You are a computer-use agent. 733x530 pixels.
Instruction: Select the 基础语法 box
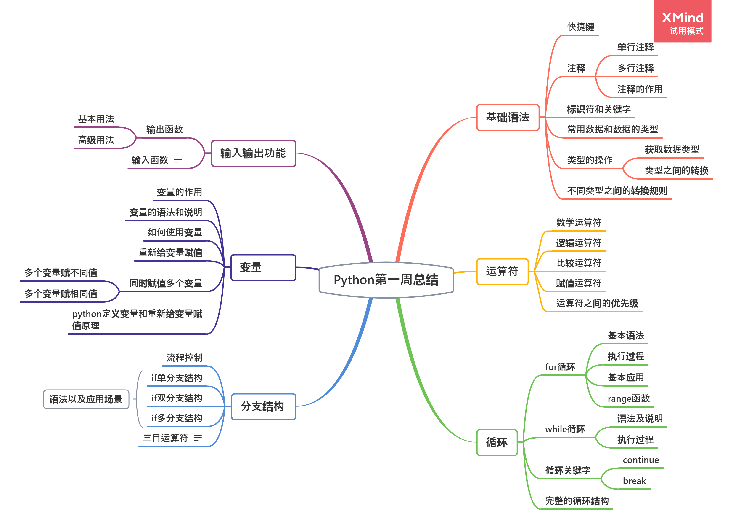507,117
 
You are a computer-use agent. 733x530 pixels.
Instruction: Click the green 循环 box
497,442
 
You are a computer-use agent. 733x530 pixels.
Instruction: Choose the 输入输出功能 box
253,153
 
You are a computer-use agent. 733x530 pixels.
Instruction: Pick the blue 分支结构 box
263,406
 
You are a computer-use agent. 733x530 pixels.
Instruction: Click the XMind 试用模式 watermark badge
682,21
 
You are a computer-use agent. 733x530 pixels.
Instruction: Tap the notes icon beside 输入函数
178,159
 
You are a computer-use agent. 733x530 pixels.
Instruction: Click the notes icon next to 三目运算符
198,438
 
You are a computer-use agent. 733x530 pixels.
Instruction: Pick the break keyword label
634,481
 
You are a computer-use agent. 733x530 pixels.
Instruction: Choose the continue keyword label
640,460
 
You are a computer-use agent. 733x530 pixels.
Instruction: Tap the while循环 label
565,429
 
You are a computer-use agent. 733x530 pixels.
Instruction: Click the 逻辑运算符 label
579,243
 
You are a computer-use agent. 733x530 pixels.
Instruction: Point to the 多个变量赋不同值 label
61,273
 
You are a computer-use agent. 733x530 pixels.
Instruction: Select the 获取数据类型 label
672,150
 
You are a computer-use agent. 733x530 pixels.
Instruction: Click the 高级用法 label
96,140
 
